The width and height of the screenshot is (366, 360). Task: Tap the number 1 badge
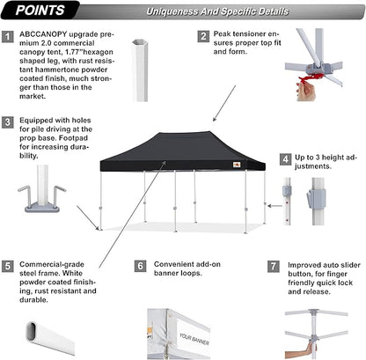8,37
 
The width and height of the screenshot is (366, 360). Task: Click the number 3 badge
8,121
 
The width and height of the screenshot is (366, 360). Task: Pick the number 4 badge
284,159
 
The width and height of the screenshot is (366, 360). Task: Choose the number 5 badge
8,265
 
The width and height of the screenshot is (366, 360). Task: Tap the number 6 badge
140,265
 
